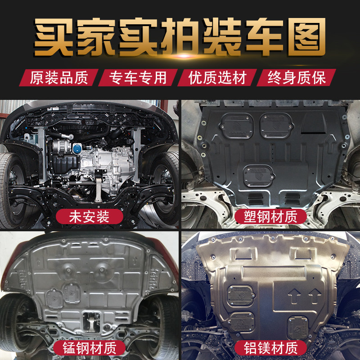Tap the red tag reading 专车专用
[x=138, y=77]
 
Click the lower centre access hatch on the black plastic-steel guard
[x=259, y=175]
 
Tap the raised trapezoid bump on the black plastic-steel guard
[x=314, y=122]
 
